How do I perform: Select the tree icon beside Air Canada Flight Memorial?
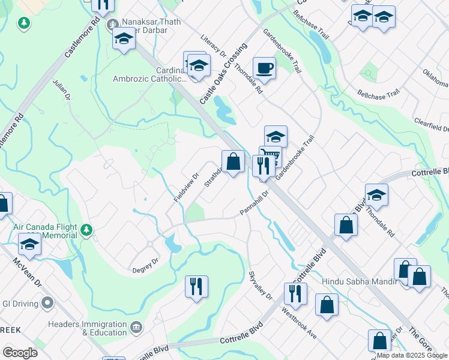(x=86, y=230)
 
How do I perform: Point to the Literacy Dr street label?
(x=212, y=45)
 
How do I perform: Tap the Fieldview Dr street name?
(x=187, y=187)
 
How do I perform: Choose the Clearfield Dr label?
(x=431, y=124)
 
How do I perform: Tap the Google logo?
(x=20, y=353)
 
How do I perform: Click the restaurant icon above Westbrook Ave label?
(x=295, y=294)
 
